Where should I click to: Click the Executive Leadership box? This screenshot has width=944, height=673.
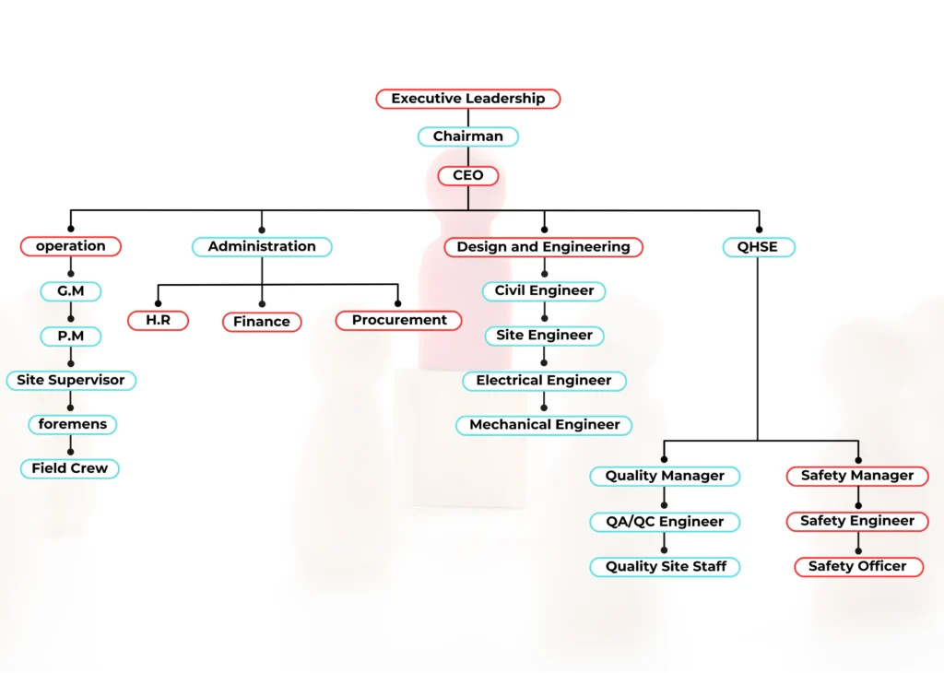pos(467,99)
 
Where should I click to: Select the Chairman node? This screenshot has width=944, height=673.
pos(467,136)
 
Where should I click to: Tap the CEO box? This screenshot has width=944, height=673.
pos(467,175)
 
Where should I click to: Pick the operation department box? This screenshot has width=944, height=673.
pos(70,246)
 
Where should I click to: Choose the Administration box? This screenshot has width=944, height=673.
pos(262,247)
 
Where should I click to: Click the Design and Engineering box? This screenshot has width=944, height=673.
pos(543,247)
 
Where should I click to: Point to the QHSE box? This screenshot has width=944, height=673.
pos(759,247)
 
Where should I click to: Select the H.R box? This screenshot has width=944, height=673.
pos(159,321)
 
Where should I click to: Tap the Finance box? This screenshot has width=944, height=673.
pos(262,322)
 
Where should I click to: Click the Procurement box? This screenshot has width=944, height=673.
pos(398,321)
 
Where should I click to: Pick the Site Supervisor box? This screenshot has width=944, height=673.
pos(70,380)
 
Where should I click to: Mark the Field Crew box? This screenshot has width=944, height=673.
pos(70,468)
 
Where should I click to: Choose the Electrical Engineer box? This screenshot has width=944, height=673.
pos(543,381)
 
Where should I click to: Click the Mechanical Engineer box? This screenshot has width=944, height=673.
pos(544,425)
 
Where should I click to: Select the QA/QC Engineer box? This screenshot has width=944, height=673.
pos(664,522)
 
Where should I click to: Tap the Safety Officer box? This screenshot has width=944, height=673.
pos(858,566)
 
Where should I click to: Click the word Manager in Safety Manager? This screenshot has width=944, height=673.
pos(883,476)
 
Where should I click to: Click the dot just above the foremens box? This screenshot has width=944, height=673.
pos(70,407)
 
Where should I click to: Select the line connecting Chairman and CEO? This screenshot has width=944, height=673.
pos(467,156)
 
